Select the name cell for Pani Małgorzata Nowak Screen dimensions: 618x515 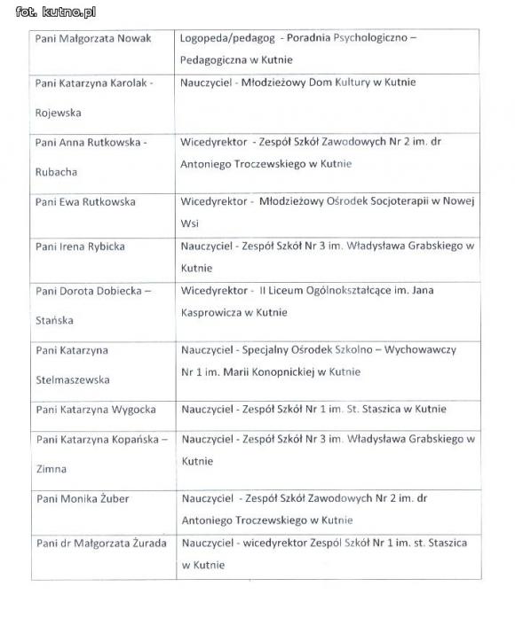click(x=93, y=39)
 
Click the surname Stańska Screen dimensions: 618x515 click(x=54, y=320)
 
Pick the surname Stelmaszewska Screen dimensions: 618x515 click(x=73, y=379)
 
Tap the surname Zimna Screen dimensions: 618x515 click(x=51, y=469)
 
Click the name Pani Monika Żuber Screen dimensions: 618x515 click(x=83, y=499)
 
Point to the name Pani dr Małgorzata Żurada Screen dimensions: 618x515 click(x=100, y=543)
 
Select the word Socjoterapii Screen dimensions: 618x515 click(x=398, y=202)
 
